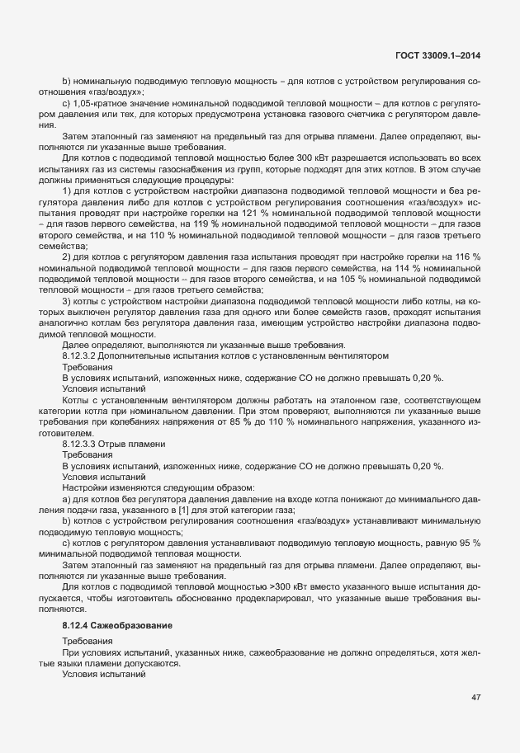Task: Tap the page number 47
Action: tap(475, 697)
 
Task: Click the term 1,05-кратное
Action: tap(102, 103)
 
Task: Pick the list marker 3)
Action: tap(67, 301)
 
